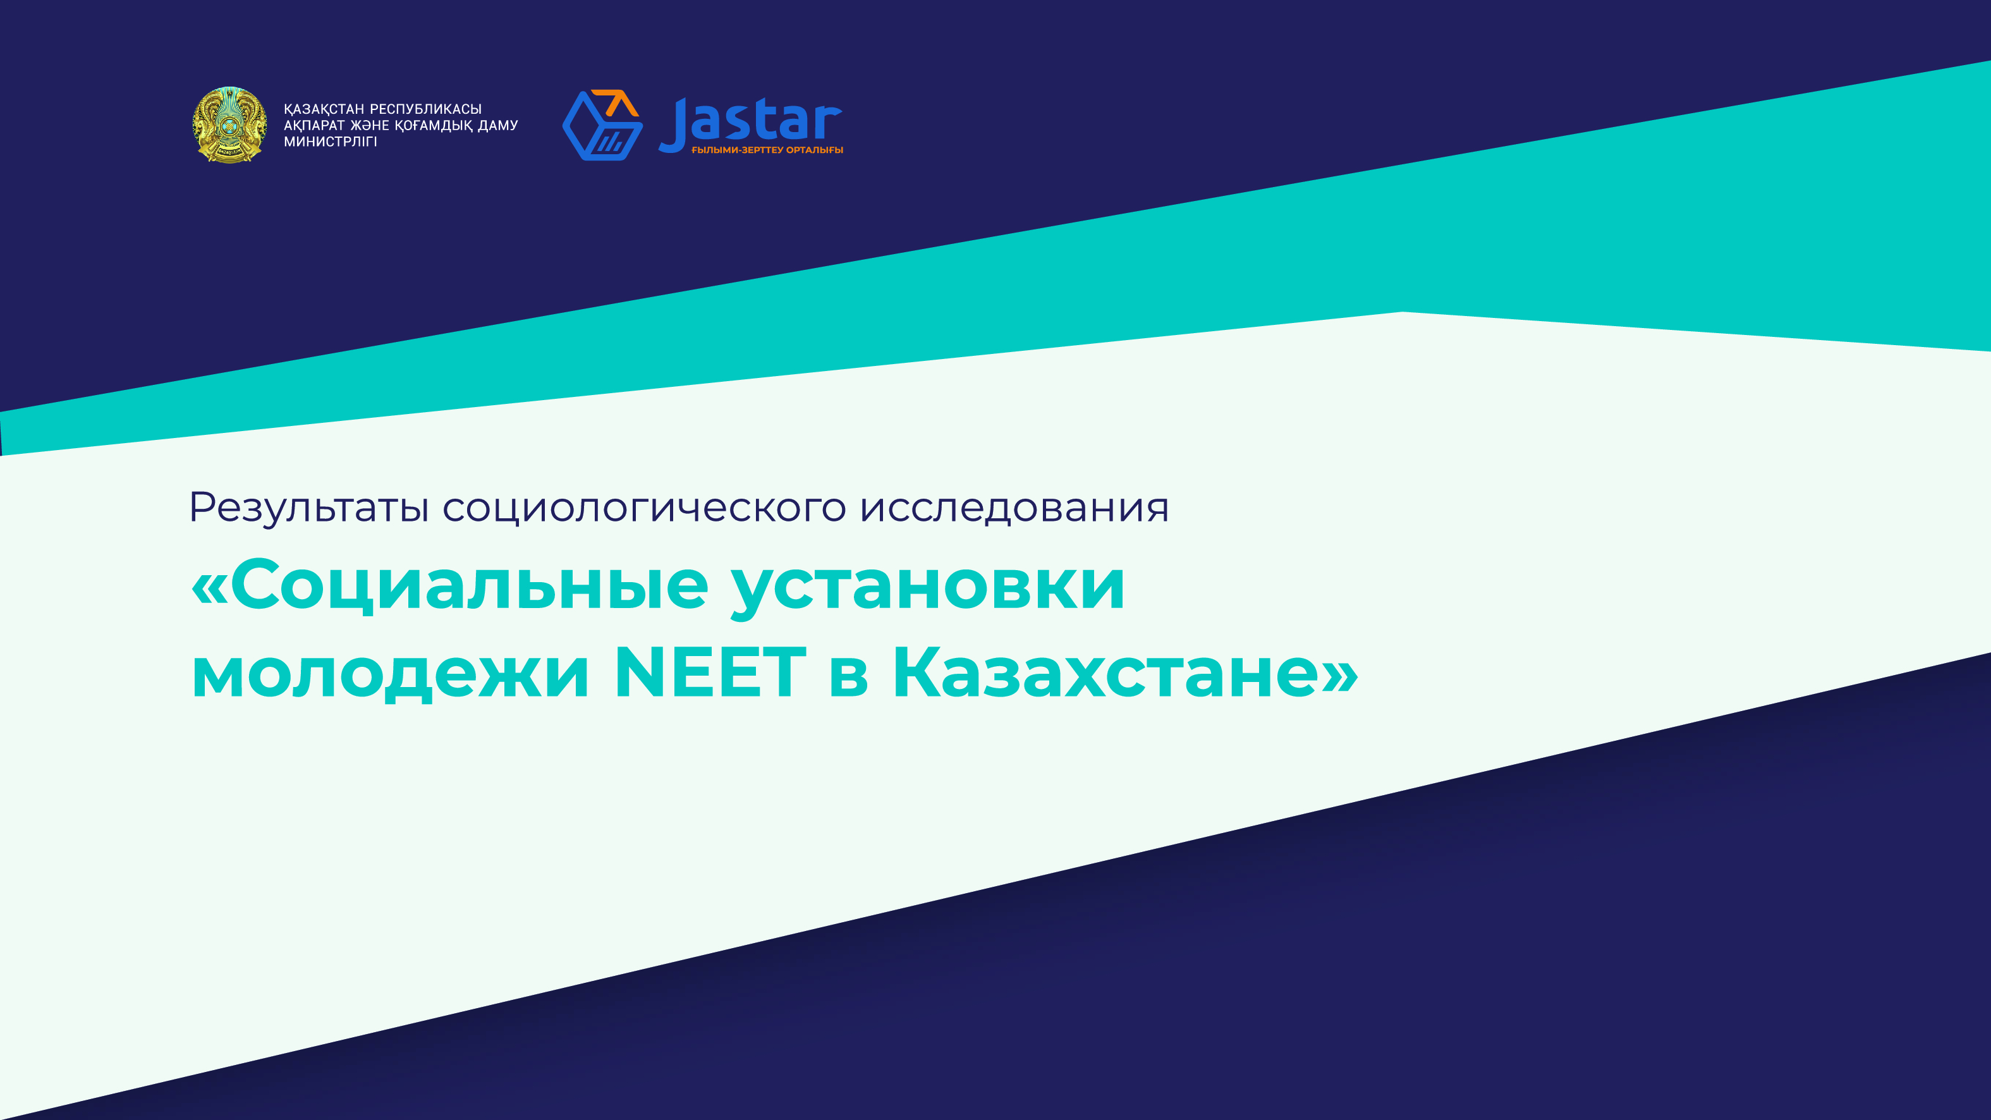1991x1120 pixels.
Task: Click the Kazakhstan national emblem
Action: coord(229,125)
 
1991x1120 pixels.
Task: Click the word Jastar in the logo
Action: coord(750,122)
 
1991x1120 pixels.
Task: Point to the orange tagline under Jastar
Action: coord(767,150)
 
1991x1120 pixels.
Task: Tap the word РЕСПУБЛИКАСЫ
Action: coord(426,109)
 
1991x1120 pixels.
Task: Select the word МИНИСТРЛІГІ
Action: coord(330,142)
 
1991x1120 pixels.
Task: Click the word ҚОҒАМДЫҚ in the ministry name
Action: coord(434,126)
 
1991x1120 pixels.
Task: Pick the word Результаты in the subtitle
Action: coord(309,508)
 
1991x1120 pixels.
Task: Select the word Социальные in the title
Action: coord(469,585)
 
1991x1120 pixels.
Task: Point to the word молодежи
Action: coord(391,673)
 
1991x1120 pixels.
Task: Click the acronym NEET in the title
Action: coord(710,672)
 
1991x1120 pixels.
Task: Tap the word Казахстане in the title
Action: coord(1106,672)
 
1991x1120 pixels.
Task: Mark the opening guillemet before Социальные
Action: coord(209,587)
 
